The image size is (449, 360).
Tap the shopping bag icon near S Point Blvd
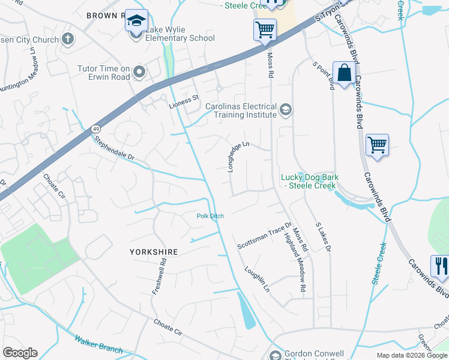pos(344,73)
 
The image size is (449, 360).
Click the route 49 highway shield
pos(95,129)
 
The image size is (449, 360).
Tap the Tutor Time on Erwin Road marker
pos(139,73)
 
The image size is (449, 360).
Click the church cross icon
pos(68,40)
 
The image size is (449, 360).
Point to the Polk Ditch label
pos(210,216)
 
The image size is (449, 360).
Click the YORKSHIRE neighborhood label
pos(154,252)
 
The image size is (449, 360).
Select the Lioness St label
pos(183,97)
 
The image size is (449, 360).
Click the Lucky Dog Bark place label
pos(310,181)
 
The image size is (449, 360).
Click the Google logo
pos(20,353)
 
